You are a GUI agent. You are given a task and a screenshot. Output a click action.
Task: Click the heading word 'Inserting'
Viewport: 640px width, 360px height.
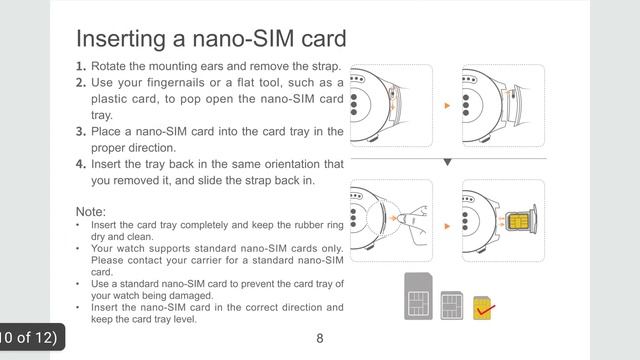tap(115, 39)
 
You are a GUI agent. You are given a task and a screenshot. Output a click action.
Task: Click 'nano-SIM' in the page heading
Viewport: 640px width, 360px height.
tap(231, 39)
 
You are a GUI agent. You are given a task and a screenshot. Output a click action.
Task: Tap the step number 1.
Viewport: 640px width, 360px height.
tap(80, 67)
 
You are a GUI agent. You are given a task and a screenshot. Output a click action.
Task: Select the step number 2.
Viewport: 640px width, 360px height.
tap(80, 83)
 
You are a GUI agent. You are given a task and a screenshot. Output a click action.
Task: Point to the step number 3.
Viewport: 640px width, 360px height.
tap(80, 132)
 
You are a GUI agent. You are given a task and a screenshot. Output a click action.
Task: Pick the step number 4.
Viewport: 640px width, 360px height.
tap(80, 164)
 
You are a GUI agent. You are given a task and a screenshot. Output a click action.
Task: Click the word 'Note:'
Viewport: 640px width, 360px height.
tap(92, 212)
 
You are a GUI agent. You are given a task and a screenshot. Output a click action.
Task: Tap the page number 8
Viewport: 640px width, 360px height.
tap(320, 338)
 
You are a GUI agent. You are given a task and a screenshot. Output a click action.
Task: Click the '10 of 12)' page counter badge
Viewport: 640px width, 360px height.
tap(30, 337)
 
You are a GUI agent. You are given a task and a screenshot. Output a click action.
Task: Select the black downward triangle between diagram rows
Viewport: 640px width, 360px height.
tap(447, 162)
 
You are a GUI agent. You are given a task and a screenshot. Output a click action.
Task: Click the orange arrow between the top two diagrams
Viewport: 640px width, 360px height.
tap(447, 104)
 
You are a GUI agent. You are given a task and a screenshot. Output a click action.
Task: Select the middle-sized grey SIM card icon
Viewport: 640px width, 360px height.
tap(453, 303)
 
